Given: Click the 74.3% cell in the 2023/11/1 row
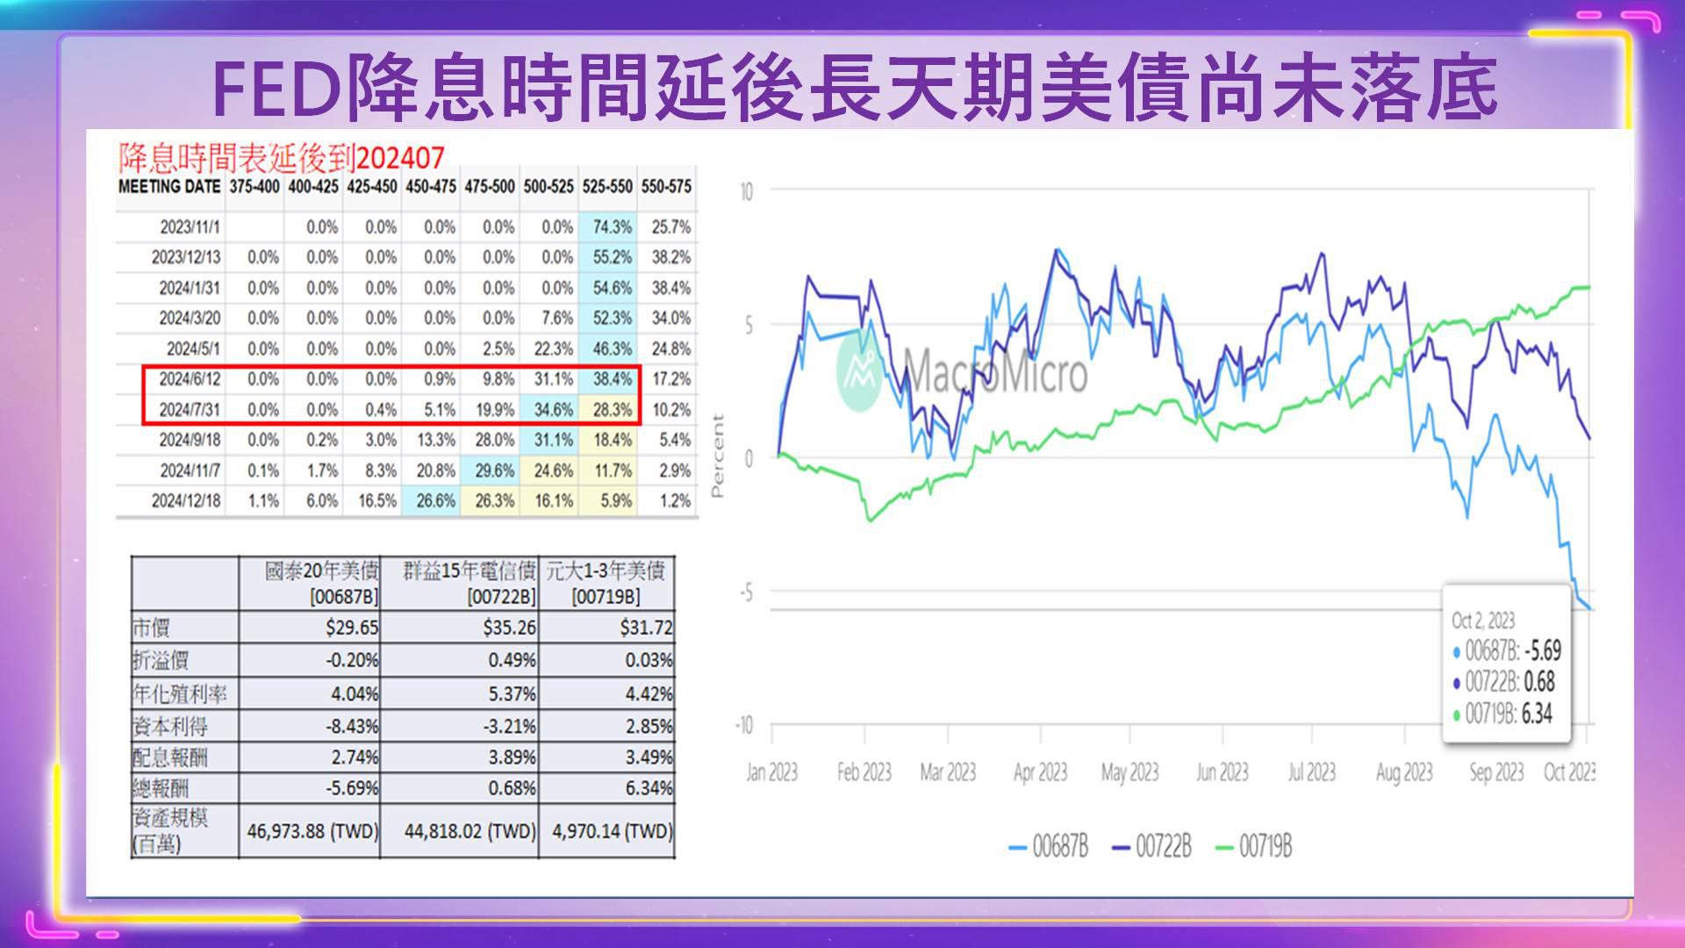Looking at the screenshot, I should click(x=612, y=227).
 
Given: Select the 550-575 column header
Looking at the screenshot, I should click(x=666, y=187).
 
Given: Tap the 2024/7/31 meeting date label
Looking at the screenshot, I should click(x=190, y=410).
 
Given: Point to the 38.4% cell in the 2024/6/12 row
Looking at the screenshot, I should click(x=612, y=379).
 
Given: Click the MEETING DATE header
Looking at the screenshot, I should click(x=169, y=187).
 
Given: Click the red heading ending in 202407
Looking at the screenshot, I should click(x=282, y=157).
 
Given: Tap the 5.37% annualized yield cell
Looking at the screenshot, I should click(x=512, y=693).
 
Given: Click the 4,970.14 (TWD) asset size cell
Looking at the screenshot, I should click(x=612, y=830).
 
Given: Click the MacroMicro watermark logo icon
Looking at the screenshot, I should click(x=859, y=371).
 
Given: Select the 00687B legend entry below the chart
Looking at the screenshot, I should click(x=1049, y=847).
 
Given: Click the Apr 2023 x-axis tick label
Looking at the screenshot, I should click(x=1040, y=772).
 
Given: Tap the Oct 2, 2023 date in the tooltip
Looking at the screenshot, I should click(x=1482, y=621).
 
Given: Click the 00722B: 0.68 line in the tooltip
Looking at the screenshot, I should click(x=1503, y=682).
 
